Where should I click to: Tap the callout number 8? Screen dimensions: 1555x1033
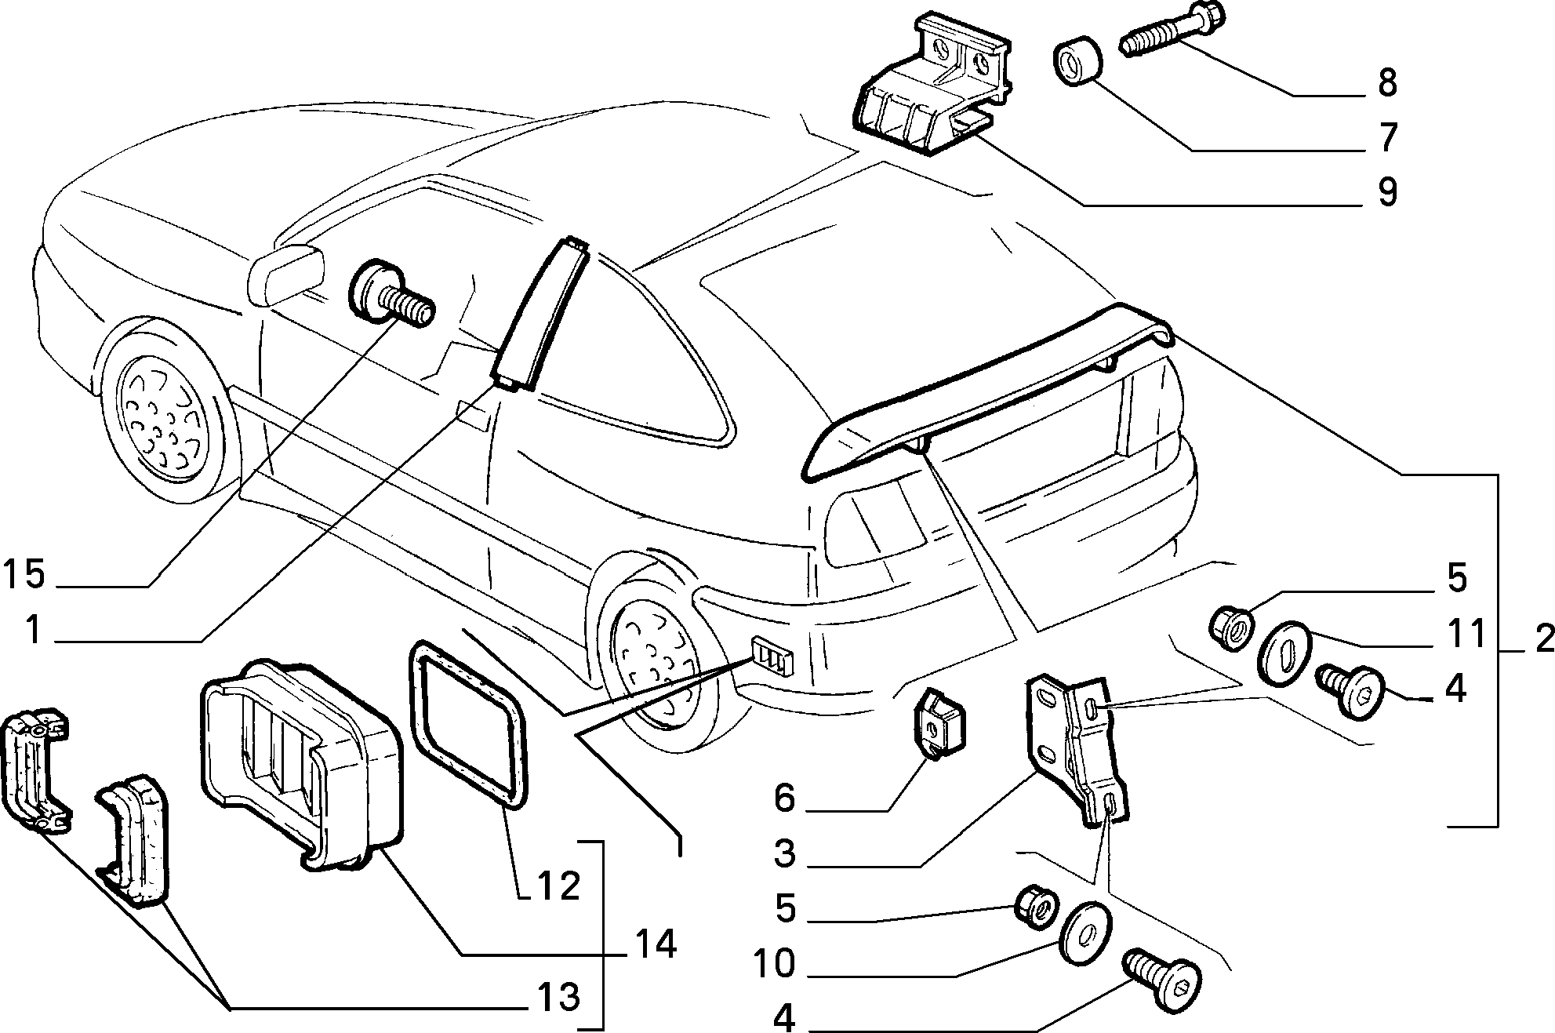1387,83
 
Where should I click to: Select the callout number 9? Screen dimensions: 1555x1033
1387,192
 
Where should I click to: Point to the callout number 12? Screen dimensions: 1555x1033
559,886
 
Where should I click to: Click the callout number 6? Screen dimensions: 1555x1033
784,799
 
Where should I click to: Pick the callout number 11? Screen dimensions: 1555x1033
1465,634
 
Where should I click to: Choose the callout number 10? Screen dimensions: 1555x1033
774,963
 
